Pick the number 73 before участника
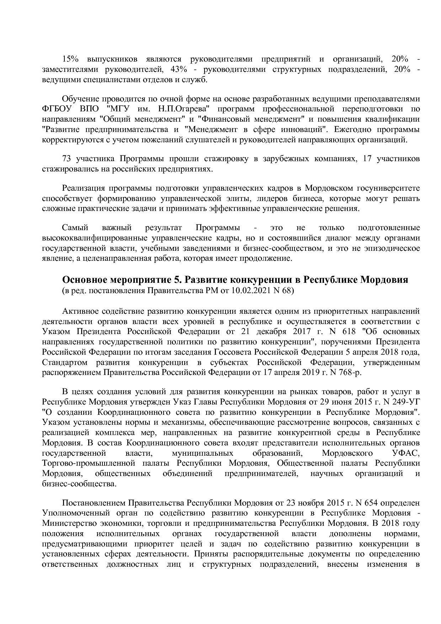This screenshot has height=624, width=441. click(67, 158)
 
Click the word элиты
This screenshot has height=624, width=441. click(262, 198)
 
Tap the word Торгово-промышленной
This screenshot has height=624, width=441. click(89, 463)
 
